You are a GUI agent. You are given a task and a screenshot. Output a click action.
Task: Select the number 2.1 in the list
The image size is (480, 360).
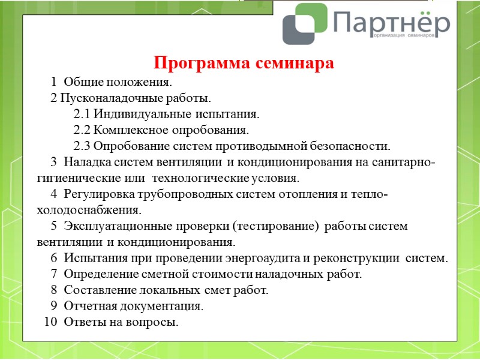82,113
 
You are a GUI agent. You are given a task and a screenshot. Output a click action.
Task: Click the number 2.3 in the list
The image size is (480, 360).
82,146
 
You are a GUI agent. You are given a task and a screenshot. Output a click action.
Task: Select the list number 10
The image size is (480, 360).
52,323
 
